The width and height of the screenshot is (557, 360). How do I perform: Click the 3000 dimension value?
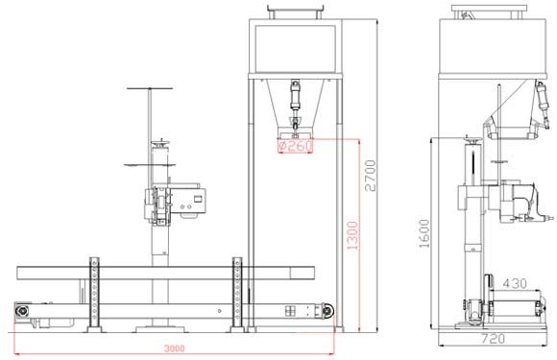coord(174,348)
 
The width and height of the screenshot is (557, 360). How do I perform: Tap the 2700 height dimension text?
coord(371,176)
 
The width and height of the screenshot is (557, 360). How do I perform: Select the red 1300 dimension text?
coord(352,235)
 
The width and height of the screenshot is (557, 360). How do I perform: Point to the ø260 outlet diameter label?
coord(295,146)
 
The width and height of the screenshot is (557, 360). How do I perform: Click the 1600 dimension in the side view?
coord(424,233)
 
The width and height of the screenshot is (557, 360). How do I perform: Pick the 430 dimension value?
coord(515,283)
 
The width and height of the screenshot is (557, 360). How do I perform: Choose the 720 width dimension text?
coord(493,338)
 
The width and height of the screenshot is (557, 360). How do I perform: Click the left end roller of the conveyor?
coord(22,311)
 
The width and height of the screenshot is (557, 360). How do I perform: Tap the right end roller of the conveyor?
coord(327,311)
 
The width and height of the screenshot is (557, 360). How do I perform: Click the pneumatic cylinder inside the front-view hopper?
coord(295,103)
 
